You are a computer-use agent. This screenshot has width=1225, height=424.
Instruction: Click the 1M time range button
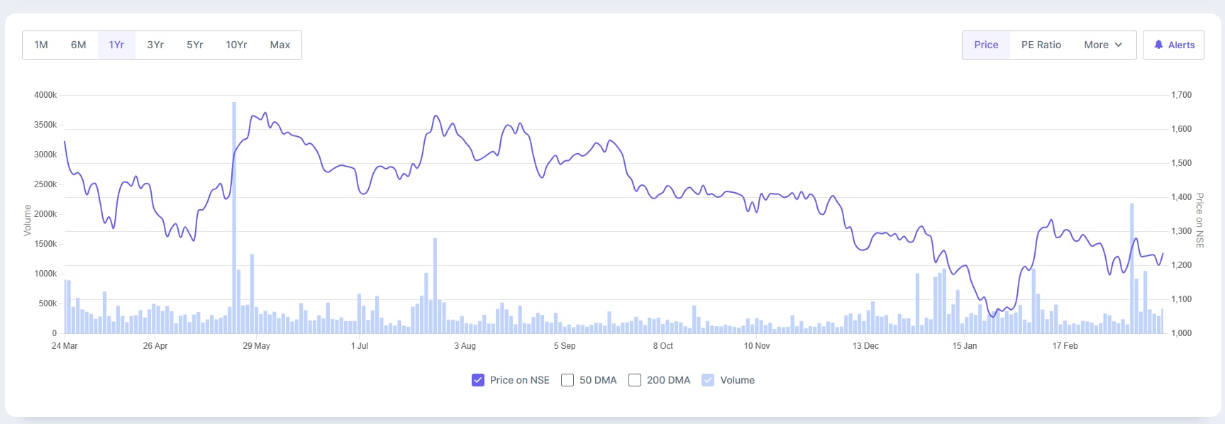tap(41, 45)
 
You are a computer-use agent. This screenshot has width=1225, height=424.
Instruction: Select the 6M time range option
tap(78, 45)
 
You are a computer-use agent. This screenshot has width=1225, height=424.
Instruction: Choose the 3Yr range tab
tap(155, 45)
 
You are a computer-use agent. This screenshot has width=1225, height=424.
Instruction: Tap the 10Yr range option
tap(236, 45)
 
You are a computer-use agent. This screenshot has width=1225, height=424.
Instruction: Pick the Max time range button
tap(279, 45)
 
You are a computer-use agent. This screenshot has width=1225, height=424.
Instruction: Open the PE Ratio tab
tap(1041, 45)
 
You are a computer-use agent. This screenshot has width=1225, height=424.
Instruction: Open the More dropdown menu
tap(1102, 45)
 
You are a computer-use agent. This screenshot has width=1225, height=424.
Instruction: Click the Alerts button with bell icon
tap(1173, 45)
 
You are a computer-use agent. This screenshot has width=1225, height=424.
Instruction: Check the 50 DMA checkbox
tap(567, 380)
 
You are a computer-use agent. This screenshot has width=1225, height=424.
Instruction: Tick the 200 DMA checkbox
tap(635, 380)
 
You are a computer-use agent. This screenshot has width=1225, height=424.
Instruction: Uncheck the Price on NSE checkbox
tap(478, 380)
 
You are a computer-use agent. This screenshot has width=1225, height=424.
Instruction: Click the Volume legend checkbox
tap(708, 380)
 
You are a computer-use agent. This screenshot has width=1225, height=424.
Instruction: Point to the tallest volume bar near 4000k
tap(234, 213)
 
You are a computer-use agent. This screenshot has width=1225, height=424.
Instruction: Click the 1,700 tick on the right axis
tap(1181, 95)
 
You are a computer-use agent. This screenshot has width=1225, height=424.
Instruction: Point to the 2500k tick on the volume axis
tap(45, 184)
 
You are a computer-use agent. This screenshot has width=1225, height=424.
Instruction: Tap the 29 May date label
tap(256, 346)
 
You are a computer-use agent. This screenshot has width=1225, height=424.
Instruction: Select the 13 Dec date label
tap(865, 346)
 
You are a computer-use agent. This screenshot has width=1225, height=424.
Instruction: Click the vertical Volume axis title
tap(28, 220)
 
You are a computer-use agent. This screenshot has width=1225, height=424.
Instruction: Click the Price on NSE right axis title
tap(1199, 221)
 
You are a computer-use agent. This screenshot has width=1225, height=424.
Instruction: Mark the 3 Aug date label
tap(465, 346)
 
